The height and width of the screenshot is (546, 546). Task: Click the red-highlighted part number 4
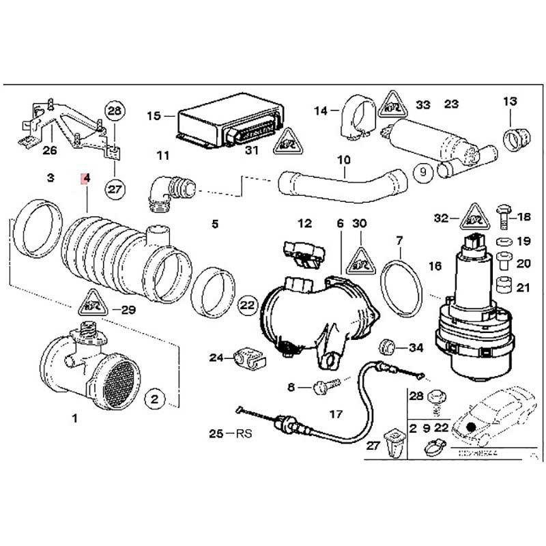tap(85, 179)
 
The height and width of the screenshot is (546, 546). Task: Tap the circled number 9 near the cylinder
tap(422, 172)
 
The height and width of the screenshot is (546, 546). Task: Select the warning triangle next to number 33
tap(392, 104)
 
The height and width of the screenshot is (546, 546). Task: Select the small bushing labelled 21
tap(505, 286)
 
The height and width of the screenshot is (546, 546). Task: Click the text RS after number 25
tap(243, 433)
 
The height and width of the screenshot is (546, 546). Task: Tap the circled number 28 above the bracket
tap(115, 111)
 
